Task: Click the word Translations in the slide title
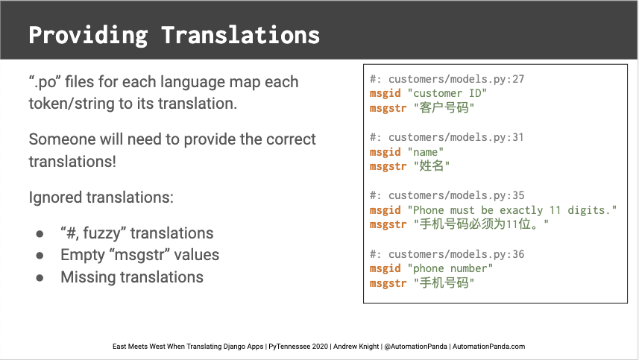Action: tap(240, 34)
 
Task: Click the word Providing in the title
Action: tap(88, 36)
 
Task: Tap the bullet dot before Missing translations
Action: tap(40, 278)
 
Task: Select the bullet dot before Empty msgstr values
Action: tap(40, 256)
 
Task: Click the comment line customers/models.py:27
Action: tap(447, 79)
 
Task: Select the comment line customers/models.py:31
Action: tap(447, 137)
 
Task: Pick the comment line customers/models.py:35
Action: tap(447, 195)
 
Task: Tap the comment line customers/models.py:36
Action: tap(447, 254)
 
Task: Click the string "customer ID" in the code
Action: tap(447, 93)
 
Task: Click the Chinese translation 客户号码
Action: tap(444, 108)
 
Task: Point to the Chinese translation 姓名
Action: tap(432, 166)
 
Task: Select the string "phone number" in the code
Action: tap(450, 268)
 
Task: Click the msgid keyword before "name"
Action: tap(385, 152)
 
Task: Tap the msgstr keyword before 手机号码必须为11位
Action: tap(388, 224)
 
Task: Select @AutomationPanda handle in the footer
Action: tap(415, 347)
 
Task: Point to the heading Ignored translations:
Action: tap(101, 198)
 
